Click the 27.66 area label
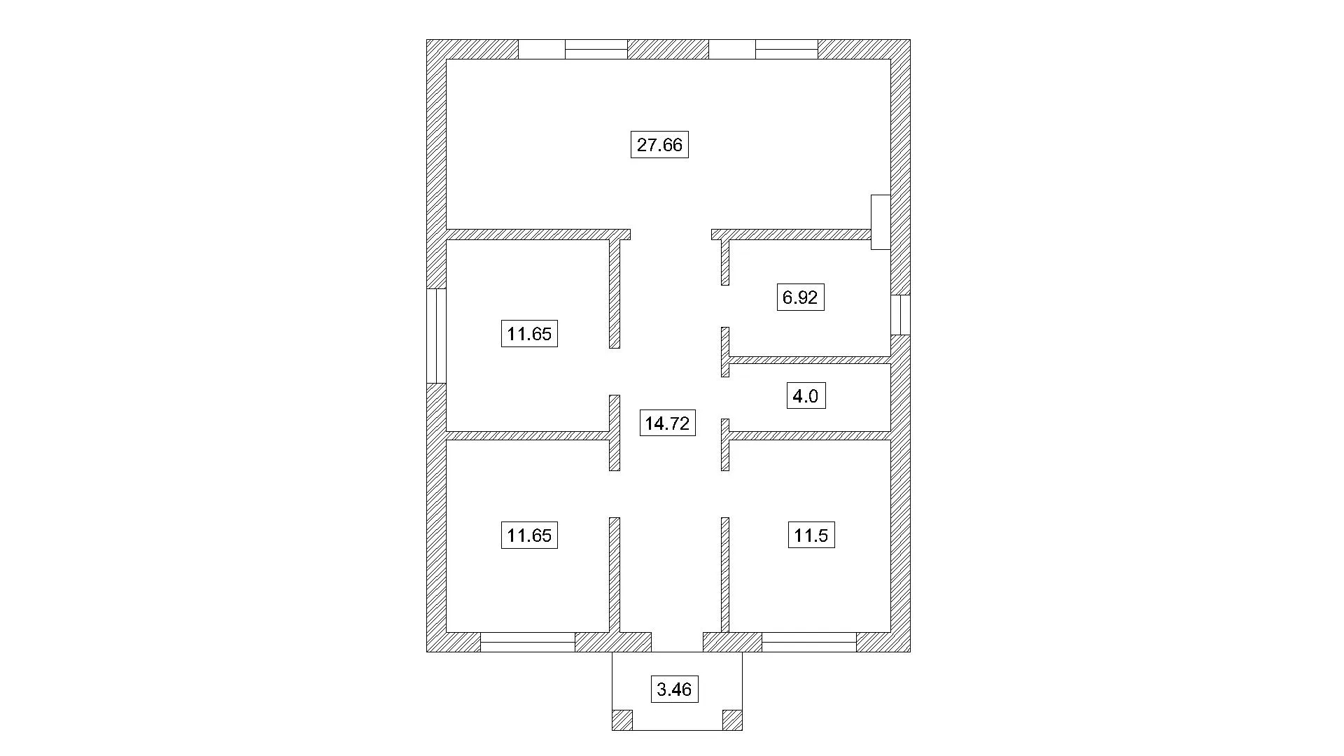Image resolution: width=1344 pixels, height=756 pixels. pos(659,145)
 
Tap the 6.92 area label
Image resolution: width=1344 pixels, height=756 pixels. pos(800,297)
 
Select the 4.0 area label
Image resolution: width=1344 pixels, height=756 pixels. pos(805,397)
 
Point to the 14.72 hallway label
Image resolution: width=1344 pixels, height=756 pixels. pos(667,423)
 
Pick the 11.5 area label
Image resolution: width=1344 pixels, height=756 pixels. pos(811,535)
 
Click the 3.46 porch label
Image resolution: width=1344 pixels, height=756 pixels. pos(675,689)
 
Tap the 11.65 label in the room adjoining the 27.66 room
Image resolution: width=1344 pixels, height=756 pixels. pos(529,333)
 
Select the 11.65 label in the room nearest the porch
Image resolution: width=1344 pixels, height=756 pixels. pos(529,535)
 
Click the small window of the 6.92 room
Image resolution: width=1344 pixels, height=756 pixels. pos(900,314)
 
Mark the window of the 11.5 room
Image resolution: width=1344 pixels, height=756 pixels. pos(809,642)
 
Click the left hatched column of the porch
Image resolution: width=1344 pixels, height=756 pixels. pos(622,720)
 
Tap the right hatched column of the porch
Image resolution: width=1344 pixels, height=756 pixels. pos(732,720)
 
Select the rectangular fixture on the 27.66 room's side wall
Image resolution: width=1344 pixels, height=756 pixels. pos(881,222)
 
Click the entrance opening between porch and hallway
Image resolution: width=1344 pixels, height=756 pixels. pos(677,642)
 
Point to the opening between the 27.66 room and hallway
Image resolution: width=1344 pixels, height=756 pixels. pos(671,234)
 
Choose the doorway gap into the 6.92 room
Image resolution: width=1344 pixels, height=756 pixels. pos(725,306)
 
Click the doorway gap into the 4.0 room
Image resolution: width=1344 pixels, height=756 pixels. pos(725,398)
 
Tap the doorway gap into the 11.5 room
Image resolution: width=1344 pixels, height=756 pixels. pos(725,494)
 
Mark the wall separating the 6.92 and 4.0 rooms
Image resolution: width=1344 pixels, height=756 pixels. pos(810,360)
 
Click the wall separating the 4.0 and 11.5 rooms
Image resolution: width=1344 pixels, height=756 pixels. pos(810,435)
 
